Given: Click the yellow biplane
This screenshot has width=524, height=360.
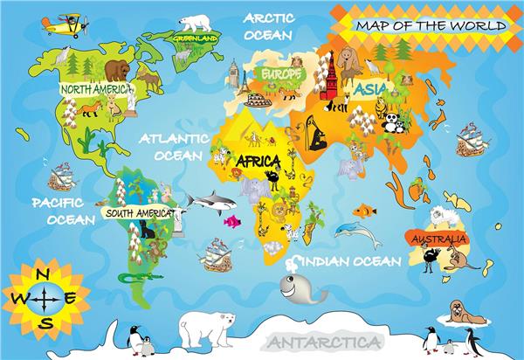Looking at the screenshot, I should tap(63, 24).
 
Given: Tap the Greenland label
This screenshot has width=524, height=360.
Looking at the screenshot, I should tap(195, 39).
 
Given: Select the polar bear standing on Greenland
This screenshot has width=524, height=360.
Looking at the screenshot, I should tap(196, 22).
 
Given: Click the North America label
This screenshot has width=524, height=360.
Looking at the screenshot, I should tap(97, 89).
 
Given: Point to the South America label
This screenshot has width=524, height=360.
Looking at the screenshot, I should tap(138, 212).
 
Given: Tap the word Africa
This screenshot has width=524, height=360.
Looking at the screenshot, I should tap(258, 162).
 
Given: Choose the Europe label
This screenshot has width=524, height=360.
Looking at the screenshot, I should tap(279, 75).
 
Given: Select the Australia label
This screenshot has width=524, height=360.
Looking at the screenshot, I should tap(438, 238).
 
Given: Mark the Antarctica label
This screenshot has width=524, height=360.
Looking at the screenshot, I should tap(324, 342).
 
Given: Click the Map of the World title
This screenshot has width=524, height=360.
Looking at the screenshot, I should tap(430, 26).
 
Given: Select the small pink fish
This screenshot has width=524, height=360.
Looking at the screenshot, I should tap(231, 221).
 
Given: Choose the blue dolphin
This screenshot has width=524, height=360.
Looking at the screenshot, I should tap(355, 232).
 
